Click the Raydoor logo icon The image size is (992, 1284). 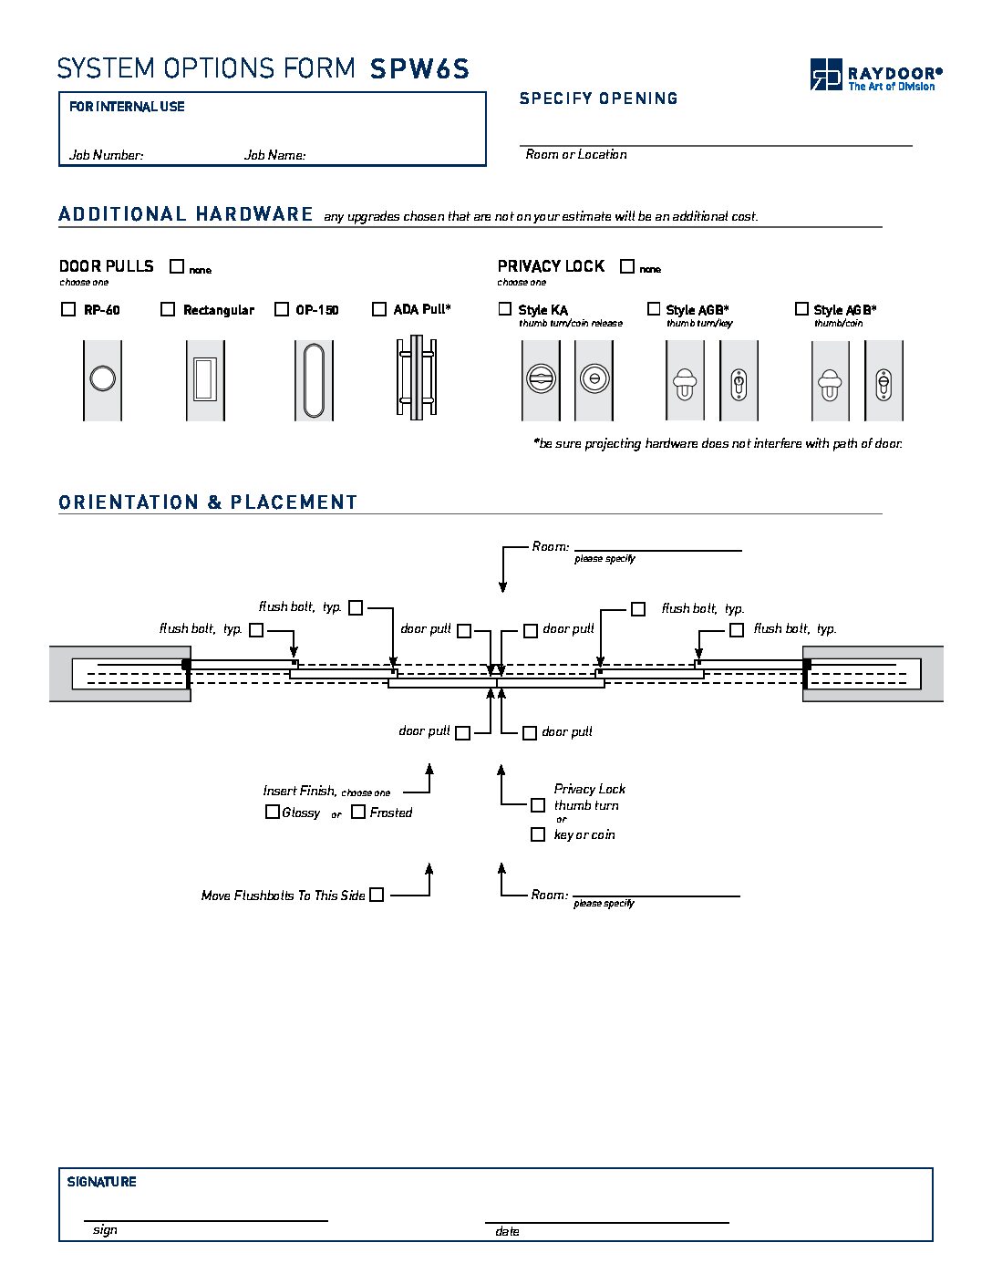point(826,74)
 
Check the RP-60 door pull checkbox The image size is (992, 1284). point(68,309)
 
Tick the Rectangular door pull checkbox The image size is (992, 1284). point(168,309)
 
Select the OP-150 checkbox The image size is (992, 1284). point(282,309)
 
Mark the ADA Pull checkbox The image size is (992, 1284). point(379,309)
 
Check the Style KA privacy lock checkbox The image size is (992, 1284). point(505,309)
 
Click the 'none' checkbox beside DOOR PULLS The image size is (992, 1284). point(177,266)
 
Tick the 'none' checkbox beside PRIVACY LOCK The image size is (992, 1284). point(627,266)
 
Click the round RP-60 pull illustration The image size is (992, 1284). point(102,378)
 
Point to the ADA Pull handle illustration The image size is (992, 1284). point(416,378)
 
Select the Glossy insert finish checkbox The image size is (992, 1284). point(272,812)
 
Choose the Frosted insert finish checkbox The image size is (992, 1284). point(359,812)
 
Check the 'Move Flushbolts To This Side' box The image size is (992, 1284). point(377,895)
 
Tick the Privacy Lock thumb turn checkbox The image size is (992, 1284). point(538,805)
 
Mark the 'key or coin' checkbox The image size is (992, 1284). point(538,834)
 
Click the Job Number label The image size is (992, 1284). point(106,155)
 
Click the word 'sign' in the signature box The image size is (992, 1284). point(105,1230)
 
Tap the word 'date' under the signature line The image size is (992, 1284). point(507,1232)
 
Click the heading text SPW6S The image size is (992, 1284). point(419,69)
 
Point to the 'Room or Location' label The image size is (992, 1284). point(576,155)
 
